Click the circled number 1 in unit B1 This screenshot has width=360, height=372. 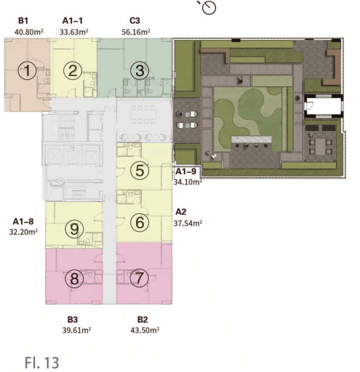[x=27, y=70]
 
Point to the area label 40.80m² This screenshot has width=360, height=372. [x=29, y=32]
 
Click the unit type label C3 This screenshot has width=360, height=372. [x=135, y=21]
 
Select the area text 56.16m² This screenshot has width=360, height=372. [x=136, y=32]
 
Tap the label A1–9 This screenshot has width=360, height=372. [x=186, y=171]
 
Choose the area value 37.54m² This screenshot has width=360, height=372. [x=188, y=223]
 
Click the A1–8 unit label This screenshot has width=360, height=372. [x=23, y=221]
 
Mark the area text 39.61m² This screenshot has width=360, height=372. [x=77, y=330]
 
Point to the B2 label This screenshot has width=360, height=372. [x=142, y=319]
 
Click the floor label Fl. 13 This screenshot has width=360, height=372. [x=42, y=362]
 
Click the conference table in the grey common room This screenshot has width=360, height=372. [x=143, y=115]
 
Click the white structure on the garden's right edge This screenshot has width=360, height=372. [x=323, y=106]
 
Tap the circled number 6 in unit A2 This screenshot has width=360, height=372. [x=140, y=222]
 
